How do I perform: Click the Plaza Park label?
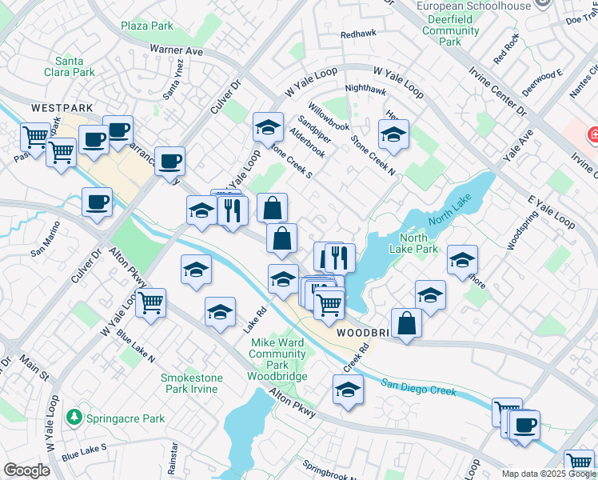tap(147, 26)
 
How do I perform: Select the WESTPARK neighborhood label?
tap(62, 107)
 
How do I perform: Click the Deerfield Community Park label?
tap(451, 31)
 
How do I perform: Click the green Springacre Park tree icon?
tap(74, 418)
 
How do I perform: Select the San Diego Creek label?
tap(418, 387)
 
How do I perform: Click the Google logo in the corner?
tap(26, 470)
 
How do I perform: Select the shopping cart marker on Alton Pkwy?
tap(150, 302)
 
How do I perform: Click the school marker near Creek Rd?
tap(348, 390)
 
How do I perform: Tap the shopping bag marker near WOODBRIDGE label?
tap(407, 323)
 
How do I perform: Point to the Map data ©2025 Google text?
tap(548, 474)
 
